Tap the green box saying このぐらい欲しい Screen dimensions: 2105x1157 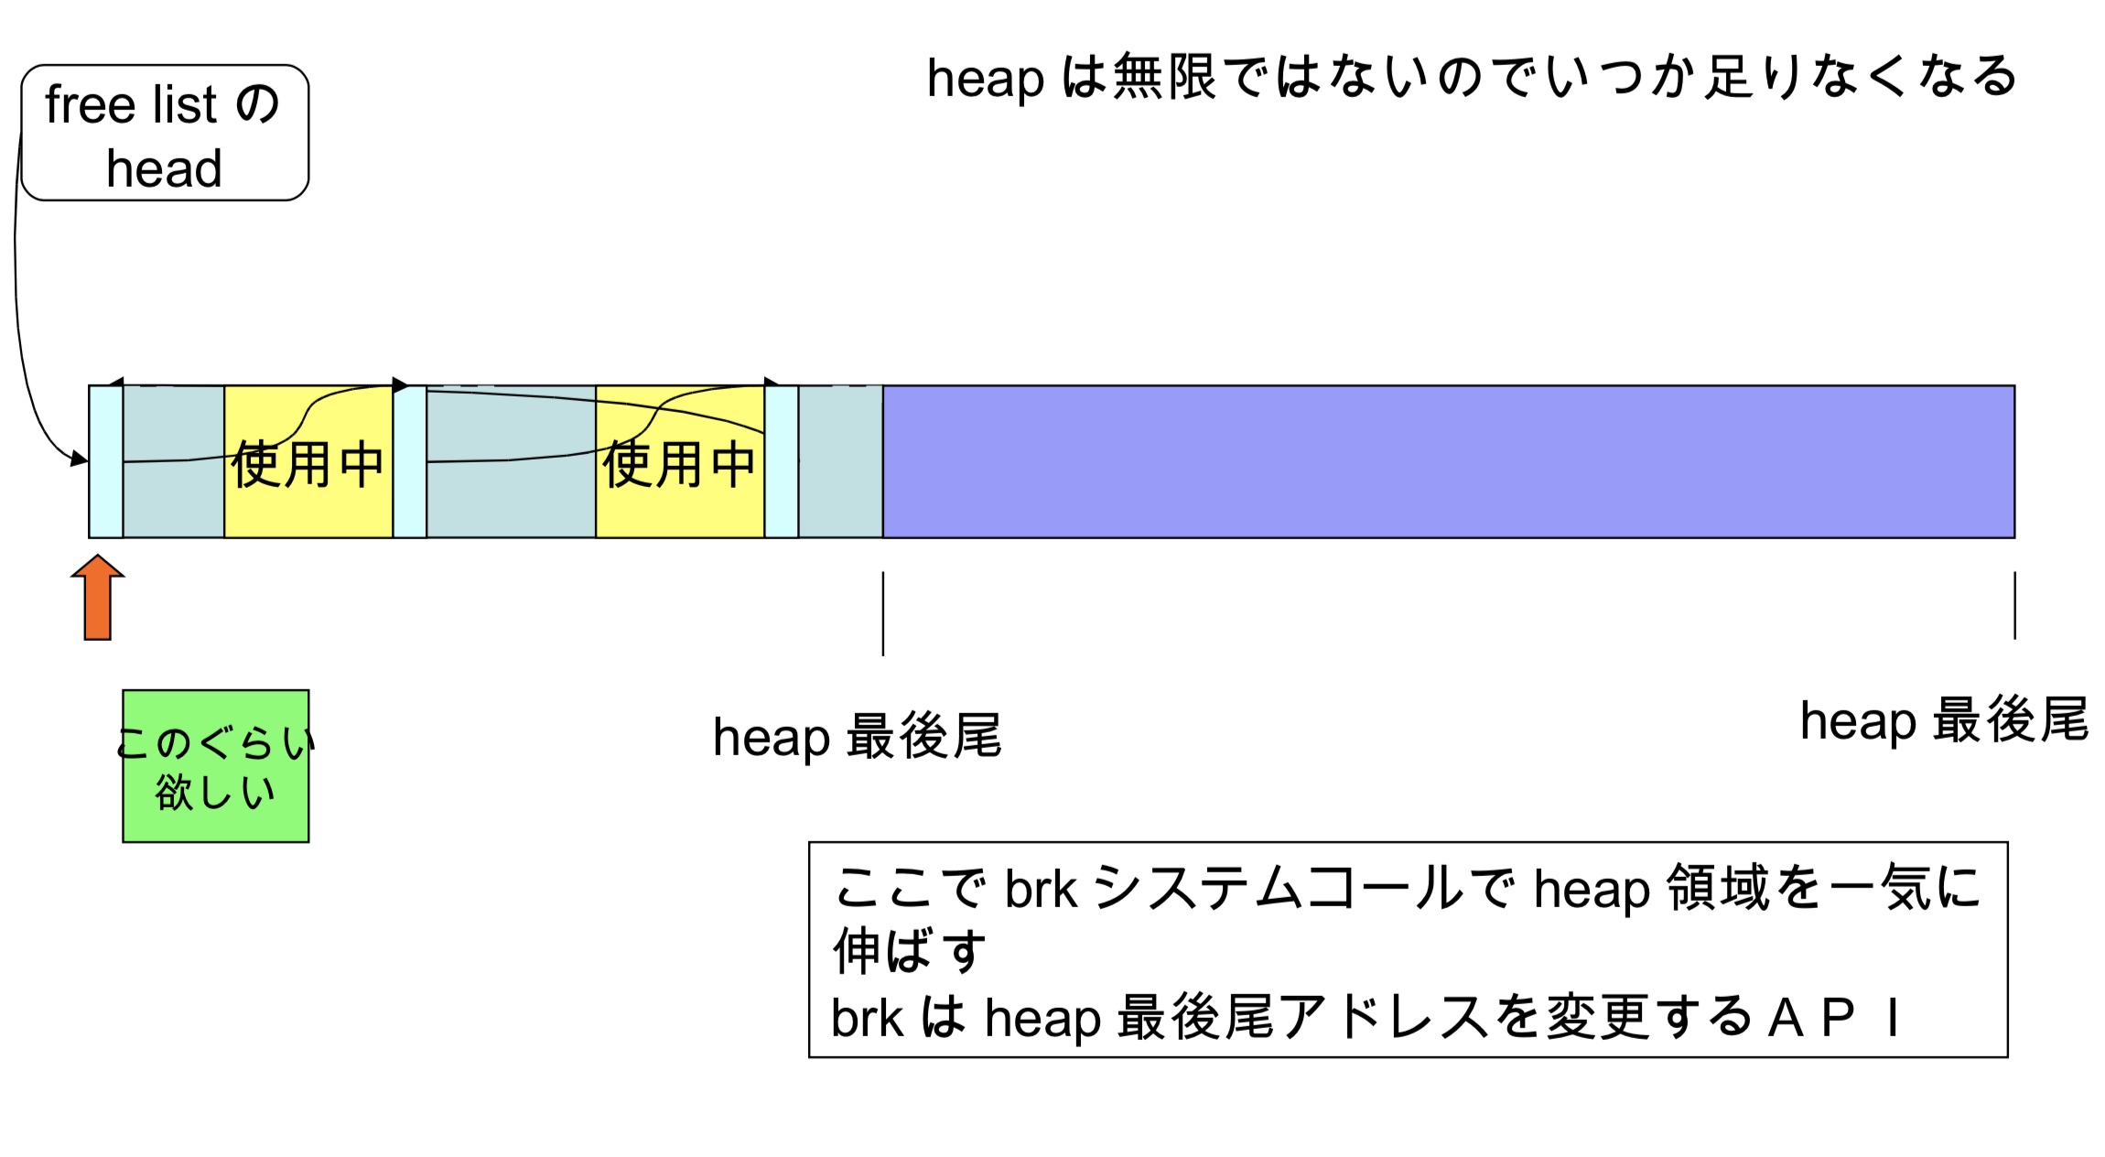216,766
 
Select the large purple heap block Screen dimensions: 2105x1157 1448,461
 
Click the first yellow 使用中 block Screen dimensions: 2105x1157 308,462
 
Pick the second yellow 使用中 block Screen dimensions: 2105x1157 680,462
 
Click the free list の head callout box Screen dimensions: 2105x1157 165,133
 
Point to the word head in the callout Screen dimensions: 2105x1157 165,169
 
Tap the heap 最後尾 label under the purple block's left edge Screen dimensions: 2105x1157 858,737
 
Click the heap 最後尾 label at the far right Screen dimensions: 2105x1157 1944,720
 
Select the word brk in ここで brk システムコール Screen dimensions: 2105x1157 1041,889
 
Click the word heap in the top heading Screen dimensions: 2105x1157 985,79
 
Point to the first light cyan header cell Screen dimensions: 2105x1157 106,462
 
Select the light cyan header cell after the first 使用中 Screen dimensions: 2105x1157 410,462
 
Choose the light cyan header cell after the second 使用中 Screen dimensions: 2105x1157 782,462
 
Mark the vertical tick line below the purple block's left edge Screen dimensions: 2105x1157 883,613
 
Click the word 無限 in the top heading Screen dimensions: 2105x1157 1164,77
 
